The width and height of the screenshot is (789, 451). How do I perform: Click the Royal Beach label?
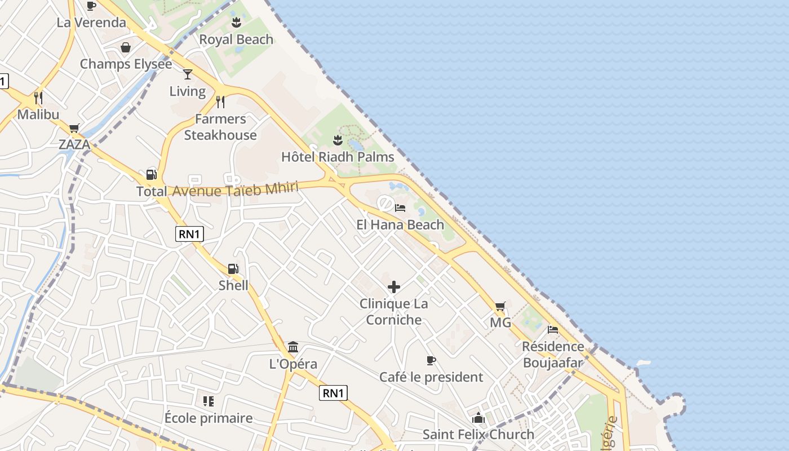(236, 39)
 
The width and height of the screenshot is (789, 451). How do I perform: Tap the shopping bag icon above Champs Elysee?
(126, 47)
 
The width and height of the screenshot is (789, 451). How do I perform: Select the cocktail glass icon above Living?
(188, 74)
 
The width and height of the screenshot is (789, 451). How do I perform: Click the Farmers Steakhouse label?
(220, 127)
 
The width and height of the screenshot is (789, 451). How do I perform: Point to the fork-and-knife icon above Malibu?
(38, 98)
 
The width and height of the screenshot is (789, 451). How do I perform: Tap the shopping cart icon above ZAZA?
(74, 129)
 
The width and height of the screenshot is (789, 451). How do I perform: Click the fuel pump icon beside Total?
(151, 175)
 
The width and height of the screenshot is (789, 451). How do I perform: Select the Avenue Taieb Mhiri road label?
(235, 190)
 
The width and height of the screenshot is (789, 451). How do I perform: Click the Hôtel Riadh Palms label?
(338, 157)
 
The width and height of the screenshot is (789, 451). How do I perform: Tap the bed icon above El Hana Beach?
(400, 208)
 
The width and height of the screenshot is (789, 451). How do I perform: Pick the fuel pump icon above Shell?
(233, 269)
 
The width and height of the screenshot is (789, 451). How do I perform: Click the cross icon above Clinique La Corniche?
(394, 288)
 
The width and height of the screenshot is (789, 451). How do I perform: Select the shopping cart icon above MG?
(500, 307)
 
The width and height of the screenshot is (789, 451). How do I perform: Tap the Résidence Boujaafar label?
(553, 354)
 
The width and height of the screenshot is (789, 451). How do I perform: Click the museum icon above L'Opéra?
(293, 347)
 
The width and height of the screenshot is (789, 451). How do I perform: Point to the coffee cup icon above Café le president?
(431, 360)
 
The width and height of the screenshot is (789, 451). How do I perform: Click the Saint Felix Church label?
(478, 435)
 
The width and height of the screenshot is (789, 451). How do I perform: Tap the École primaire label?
(209, 418)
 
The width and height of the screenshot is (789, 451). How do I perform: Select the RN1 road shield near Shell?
(189, 234)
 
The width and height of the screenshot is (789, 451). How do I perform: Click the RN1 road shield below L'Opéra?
(333, 393)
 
